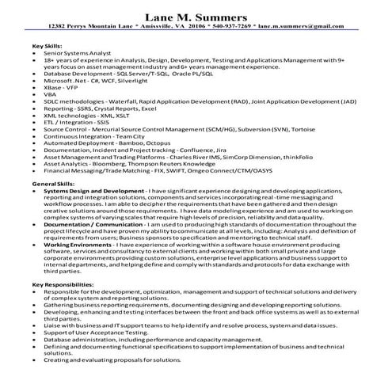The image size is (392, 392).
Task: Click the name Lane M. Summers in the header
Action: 196,16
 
